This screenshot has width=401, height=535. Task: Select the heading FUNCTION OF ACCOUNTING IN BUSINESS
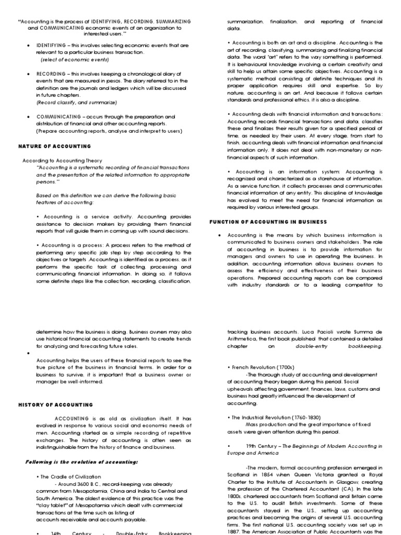(x=268, y=222)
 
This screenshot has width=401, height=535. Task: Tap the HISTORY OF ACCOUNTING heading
(x=55, y=404)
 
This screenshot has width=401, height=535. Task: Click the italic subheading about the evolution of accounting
(x=81, y=462)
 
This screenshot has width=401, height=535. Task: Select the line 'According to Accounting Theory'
(x=62, y=160)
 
